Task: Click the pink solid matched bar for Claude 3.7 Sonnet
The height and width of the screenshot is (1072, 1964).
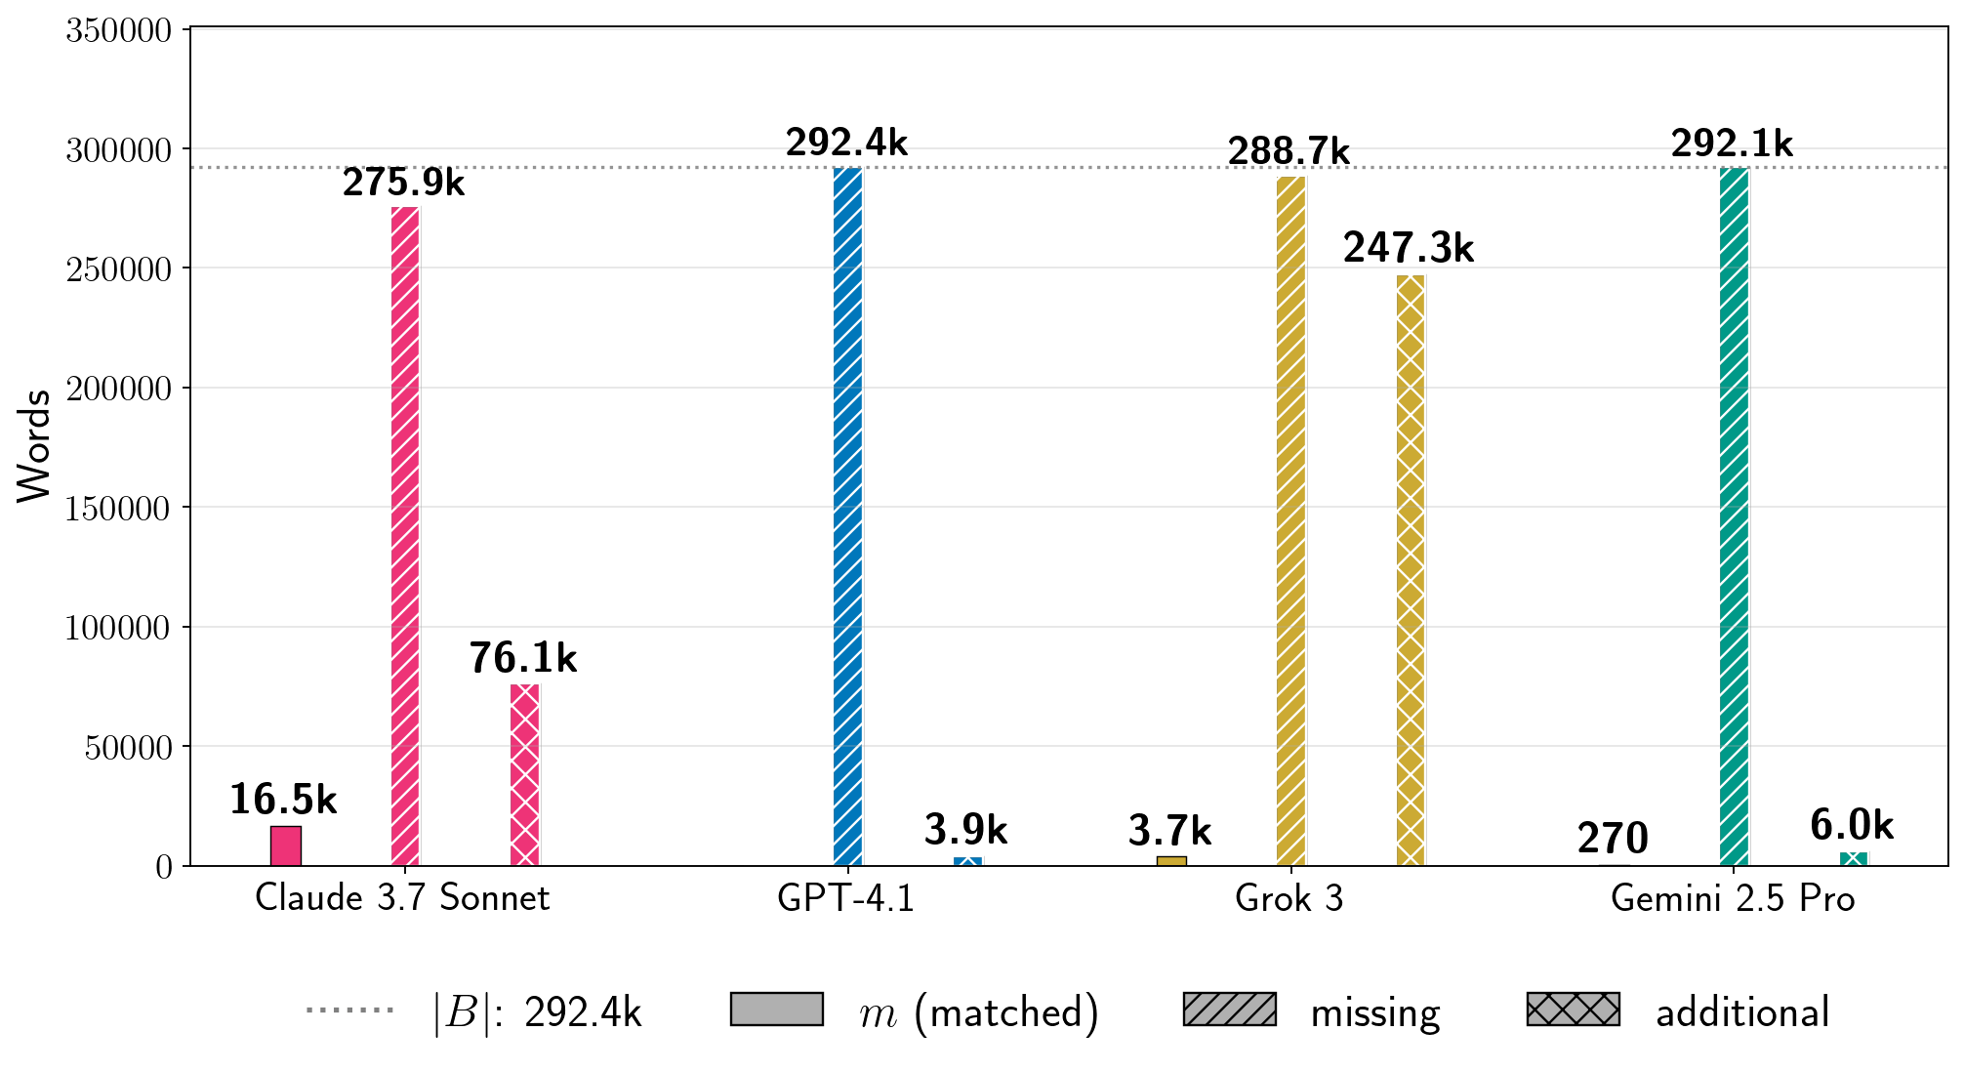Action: click(286, 845)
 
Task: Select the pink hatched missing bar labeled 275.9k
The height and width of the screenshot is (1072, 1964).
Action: click(405, 536)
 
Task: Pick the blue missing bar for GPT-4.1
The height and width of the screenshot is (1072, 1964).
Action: click(848, 516)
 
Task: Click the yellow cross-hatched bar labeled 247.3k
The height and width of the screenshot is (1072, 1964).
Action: click(1411, 570)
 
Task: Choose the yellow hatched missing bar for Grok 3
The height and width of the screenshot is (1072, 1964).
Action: click(1290, 521)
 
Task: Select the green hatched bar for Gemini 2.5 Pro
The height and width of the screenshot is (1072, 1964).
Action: click(1734, 516)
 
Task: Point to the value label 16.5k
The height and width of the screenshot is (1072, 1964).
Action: click(283, 801)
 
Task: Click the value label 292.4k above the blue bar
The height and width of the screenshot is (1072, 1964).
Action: click(846, 144)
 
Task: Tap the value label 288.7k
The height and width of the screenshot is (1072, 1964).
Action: click(1289, 152)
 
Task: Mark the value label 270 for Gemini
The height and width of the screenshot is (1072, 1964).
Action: click(1613, 839)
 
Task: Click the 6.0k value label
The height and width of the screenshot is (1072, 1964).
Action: click(1852, 826)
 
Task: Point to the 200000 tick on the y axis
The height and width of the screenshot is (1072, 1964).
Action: click(118, 389)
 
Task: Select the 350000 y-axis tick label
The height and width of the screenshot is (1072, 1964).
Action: click(118, 30)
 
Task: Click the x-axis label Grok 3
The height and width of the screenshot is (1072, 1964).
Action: click(1289, 898)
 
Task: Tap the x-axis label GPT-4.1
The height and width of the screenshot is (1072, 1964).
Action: click(846, 898)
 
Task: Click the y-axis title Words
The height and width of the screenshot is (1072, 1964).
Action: click(34, 446)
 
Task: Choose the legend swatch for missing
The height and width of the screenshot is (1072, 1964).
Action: click(1229, 1010)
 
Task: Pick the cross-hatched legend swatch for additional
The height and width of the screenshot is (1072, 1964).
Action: click(1573, 1010)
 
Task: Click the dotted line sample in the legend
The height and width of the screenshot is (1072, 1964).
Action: click(349, 1010)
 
